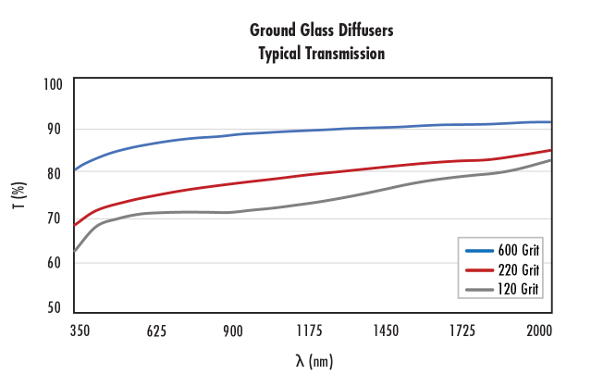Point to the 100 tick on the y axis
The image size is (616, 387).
pos(53,84)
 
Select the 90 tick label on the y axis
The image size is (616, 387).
pos(55,129)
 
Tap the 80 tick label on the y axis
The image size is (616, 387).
pos(55,173)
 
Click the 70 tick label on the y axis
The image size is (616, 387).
pos(55,218)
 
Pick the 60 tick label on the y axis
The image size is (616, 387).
pos(55,263)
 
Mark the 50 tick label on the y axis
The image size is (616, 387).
pos(55,307)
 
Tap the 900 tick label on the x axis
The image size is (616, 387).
pos(232,331)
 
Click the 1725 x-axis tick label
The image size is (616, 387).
pos(462,331)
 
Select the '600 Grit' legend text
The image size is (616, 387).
pos(519,250)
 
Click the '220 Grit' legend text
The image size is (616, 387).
pos(519,269)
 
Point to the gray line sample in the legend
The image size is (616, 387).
pos(480,290)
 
